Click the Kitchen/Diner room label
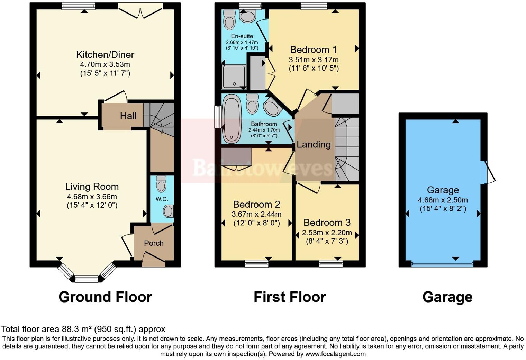[x=105, y=55]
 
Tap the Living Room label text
[x=92, y=187]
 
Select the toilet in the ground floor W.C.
[x=161, y=184]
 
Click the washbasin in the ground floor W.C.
[x=168, y=211]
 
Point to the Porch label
[x=154, y=243]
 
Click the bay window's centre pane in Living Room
[x=87, y=278]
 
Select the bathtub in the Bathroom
[x=231, y=119]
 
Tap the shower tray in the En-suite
[x=234, y=76]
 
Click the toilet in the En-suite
[x=229, y=19]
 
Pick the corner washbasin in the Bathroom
[x=273, y=107]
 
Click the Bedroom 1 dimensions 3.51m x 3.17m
[x=314, y=60]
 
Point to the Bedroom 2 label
[x=256, y=205]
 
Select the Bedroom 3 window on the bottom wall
[x=331, y=264]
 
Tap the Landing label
[x=314, y=144]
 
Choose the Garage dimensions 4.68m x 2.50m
[x=443, y=200]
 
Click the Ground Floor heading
[x=105, y=297]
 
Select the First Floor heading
[x=290, y=297]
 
